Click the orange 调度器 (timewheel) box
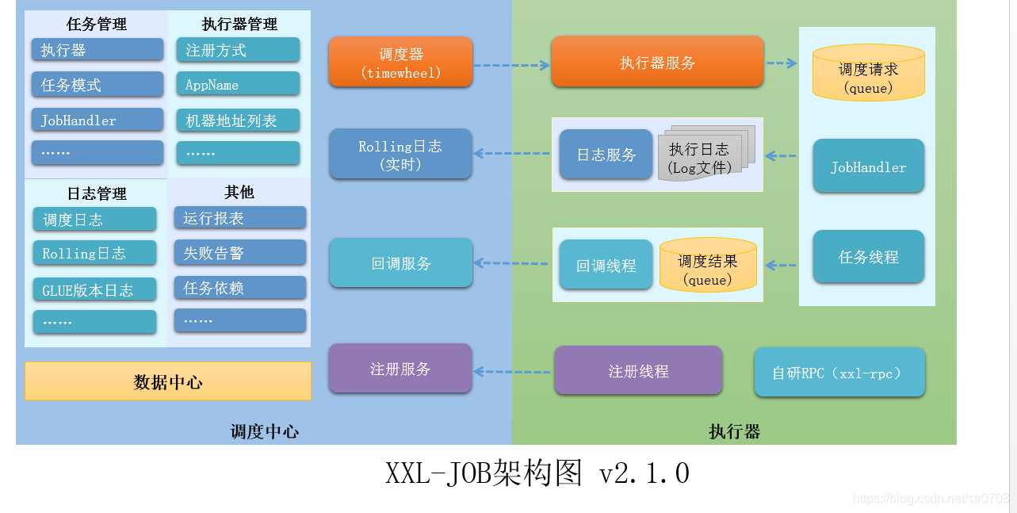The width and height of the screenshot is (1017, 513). pyautogui.click(x=400, y=62)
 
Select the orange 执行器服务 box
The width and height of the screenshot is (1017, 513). pyautogui.click(x=657, y=62)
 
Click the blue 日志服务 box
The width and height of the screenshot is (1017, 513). pyautogui.click(x=606, y=155)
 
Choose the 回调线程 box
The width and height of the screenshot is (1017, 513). pyautogui.click(x=606, y=265)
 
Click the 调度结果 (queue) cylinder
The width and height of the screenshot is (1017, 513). pyautogui.click(x=708, y=266)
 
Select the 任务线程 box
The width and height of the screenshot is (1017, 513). pyautogui.click(x=869, y=256)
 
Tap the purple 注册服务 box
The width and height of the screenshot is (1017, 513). pyautogui.click(x=400, y=369)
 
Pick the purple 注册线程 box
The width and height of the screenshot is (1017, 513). pyautogui.click(x=638, y=370)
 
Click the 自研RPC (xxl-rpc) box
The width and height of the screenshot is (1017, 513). pyautogui.click(x=839, y=372)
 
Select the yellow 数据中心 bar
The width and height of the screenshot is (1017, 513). pyautogui.click(x=168, y=381)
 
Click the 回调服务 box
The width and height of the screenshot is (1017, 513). pyautogui.click(x=400, y=262)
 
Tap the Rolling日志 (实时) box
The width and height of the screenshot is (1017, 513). pyautogui.click(x=400, y=154)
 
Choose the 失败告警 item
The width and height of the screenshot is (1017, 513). pyautogui.click(x=240, y=252)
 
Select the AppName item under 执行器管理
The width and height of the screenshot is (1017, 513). pyautogui.click(x=238, y=84)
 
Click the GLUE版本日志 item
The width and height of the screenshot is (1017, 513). pyautogui.click(x=94, y=289)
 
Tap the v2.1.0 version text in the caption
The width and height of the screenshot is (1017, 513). pyautogui.click(x=644, y=473)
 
